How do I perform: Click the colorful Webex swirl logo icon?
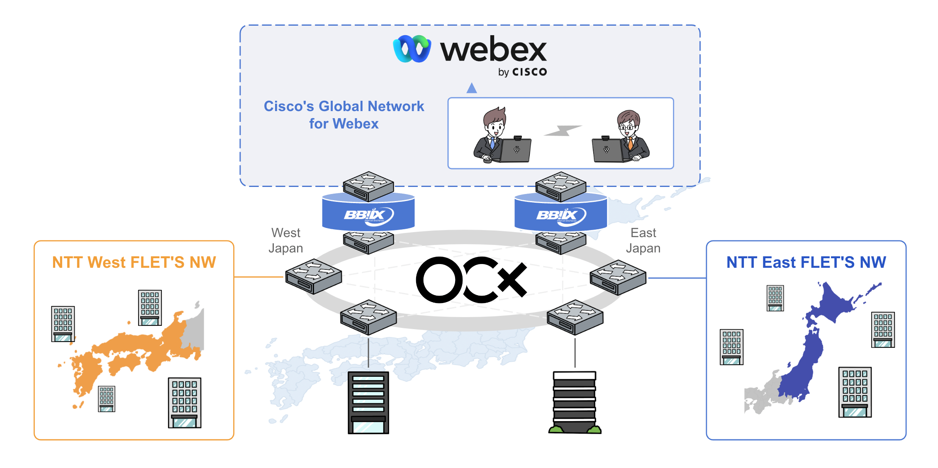[412, 49]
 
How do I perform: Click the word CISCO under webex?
[530, 72]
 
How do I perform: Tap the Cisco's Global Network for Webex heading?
[344, 115]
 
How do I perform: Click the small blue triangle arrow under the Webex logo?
[472, 88]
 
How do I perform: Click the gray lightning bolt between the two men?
[563, 131]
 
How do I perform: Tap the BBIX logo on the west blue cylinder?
[368, 215]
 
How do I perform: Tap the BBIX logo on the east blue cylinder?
[560, 215]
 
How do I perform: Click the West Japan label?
[285, 240]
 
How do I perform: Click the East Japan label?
[643, 240]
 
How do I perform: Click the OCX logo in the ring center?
[471, 280]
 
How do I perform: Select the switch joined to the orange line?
[313, 276]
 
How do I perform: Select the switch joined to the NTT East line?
[618, 277]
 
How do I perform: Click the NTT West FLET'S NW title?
[134, 262]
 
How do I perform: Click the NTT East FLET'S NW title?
[806, 262]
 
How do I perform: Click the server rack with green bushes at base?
[575, 402]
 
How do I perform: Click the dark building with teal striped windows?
[368, 402]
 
